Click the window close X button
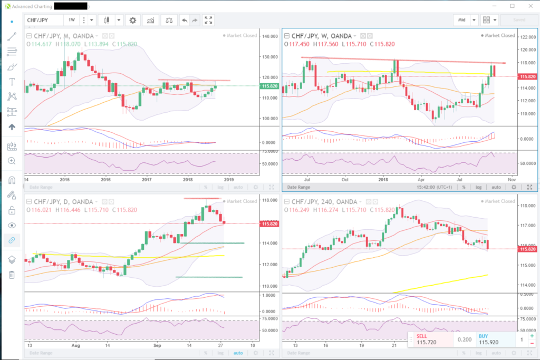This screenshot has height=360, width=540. click(x=528, y=6)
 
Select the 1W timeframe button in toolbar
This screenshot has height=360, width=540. click(x=71, y=20)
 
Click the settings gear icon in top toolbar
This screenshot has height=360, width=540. click(x=133, y=20)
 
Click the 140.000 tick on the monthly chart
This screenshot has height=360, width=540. click(x=270, y=36)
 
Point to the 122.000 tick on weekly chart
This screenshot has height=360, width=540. click(x=528, y=37)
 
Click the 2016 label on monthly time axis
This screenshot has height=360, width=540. click(x=105, y=179)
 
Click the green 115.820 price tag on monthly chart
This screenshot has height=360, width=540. click(x=269, y=86)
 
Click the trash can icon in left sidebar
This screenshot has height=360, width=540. click(x=12, y=275)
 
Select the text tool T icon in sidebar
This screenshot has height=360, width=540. click(x=12, y=82)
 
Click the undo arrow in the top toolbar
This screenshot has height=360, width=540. click(x=184, y=20)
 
